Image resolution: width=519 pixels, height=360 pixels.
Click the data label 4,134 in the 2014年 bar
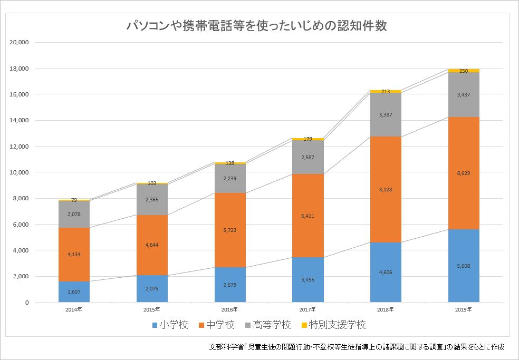[x=74, y=255]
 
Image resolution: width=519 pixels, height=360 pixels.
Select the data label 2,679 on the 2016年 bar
[x=230, y=285]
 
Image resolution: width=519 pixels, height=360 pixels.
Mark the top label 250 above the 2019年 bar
[x=464, y=71]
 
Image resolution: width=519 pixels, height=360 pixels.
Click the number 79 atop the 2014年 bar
[x=74, y=200]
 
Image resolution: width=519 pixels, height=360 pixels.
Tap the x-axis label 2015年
[x=152, y=309]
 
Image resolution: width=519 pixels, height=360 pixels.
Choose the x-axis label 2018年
[x=386, y=309]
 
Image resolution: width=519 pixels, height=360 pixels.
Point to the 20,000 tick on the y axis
[x=19, y=43]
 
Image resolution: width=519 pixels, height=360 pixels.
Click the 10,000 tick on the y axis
[x=19, y=172]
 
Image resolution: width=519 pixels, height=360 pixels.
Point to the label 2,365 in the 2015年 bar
[x=152, y=200]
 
